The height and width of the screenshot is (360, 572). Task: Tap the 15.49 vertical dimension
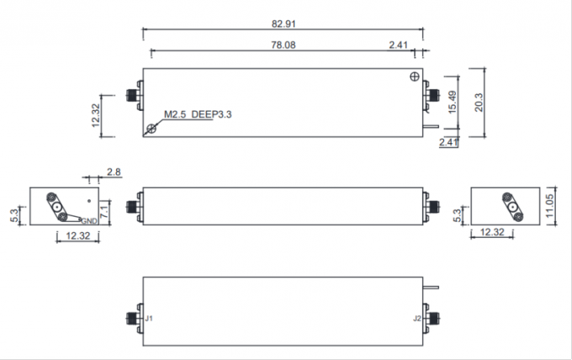453,101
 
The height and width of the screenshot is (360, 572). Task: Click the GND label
89,220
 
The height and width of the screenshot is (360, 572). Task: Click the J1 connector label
150,319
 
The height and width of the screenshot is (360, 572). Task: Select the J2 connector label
416,319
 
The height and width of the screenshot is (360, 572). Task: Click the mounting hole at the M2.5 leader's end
151,129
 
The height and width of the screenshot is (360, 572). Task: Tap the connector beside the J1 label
133,319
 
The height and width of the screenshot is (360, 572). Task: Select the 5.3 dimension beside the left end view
11,216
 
